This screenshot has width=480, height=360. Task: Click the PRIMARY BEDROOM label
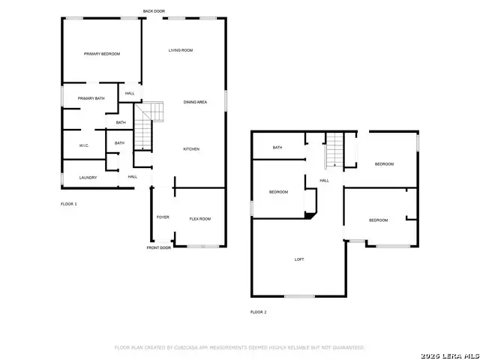click(x=102, y=54)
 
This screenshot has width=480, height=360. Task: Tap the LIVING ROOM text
click(x=181, y=50)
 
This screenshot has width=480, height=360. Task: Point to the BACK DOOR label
click(x=154, y=11)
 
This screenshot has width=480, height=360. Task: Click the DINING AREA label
click(x=195, y=102)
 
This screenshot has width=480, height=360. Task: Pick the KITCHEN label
click(x=191, y=149)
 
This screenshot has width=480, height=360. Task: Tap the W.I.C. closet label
click(x=84, y=145)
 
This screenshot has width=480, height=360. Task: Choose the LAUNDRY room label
click(x=88, y=178)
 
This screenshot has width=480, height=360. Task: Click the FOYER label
click(x=163, y=217)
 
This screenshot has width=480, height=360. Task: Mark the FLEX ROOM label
click(x=199, y=218)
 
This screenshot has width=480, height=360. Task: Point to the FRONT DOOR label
click(x=158, y=247)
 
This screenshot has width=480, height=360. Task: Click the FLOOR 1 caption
click(x=69, y=204)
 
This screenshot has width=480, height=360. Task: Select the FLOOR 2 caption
click(x=258, y=312)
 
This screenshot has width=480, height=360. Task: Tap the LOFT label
click(x=298, y=259)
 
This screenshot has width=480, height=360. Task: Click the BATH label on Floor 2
click(x=277, y=148)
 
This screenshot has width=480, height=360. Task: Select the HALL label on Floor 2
click(x=325, y=180)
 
